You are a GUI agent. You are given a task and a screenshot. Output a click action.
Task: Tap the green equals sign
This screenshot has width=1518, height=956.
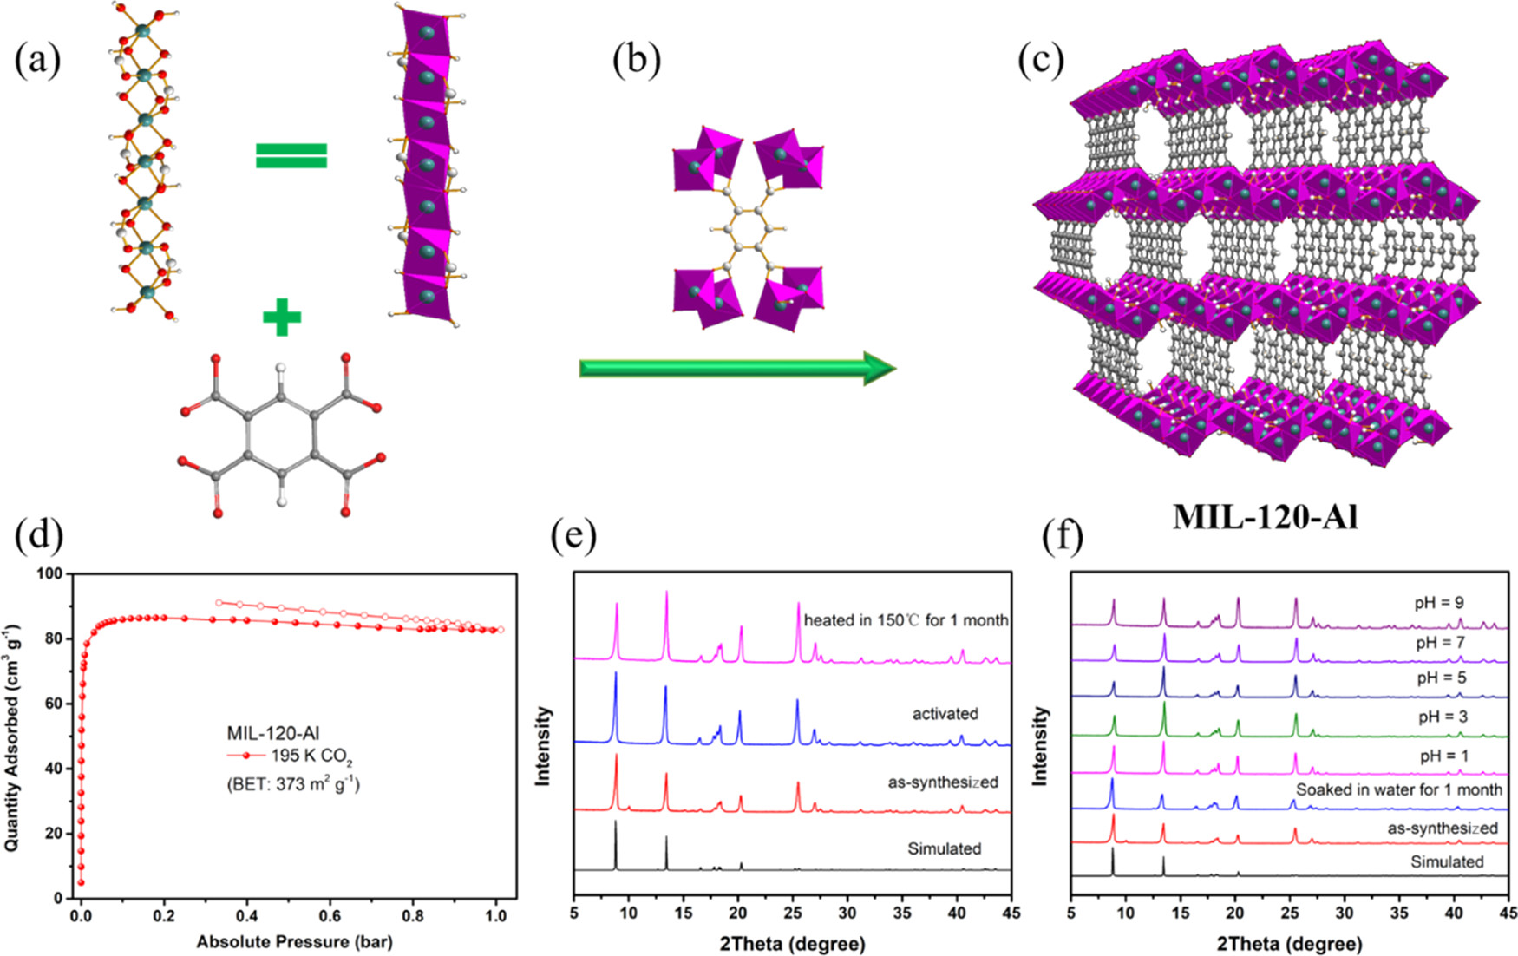[291, 156]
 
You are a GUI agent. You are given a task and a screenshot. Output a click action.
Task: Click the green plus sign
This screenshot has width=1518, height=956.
[282, 318]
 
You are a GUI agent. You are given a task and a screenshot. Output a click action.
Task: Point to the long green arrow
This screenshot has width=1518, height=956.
[737, 369]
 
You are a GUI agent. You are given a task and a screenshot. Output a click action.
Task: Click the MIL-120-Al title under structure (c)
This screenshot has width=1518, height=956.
[1266, 517]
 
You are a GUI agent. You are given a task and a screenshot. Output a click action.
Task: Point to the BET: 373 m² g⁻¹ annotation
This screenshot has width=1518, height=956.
[293, 785]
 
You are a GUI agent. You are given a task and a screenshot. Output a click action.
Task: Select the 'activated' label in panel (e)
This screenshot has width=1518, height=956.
[945, 714]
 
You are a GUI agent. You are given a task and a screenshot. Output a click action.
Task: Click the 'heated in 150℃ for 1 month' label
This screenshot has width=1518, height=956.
[906, 620]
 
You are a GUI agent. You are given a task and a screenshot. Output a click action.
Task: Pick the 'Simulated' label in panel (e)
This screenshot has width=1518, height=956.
[945, 848]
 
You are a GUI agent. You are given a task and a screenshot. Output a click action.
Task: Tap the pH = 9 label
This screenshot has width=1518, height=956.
[1440, 603]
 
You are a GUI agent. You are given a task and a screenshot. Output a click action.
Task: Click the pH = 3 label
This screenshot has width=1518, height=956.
[1443, 717]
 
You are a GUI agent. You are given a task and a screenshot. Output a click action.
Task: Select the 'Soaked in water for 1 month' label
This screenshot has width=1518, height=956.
[1399, 789]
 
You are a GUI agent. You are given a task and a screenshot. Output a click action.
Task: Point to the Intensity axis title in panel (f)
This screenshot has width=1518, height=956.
[1040, 746]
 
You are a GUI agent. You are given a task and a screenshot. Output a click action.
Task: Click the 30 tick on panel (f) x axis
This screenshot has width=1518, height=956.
[1344, 915]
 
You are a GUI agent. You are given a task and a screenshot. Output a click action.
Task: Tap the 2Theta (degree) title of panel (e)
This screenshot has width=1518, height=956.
[792, 943]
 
